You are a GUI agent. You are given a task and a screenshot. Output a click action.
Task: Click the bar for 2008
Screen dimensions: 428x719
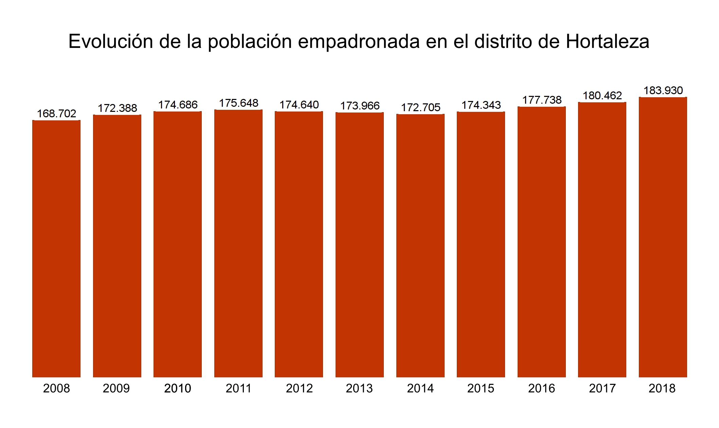tap(56, 249)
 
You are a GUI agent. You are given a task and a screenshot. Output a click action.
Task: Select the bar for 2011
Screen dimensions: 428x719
tap(238, 243)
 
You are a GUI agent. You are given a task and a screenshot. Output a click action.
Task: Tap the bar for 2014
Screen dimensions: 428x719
tap(420, 245)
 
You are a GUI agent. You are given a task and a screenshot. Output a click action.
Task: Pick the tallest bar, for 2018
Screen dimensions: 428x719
tap(663, 237)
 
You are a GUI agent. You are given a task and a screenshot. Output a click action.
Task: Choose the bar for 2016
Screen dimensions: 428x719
tap(541, 242)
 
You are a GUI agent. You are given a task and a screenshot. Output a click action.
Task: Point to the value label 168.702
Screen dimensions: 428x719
tap(56, 114)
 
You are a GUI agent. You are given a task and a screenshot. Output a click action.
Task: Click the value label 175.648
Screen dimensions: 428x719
tap(238, 103)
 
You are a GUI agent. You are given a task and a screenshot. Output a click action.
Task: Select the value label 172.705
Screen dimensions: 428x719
tap(420, 107)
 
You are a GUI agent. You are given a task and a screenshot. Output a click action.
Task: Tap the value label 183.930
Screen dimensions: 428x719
tap(663, 90)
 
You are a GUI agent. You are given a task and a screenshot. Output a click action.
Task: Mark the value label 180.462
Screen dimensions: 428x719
tap(602, 96)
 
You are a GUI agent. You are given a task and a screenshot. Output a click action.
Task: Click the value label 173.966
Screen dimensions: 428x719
tap(360, 106)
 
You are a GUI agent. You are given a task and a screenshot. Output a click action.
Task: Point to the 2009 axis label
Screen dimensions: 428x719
tap(116, 388)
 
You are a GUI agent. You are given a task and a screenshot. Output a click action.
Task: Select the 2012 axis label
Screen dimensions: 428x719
tap(299, 388)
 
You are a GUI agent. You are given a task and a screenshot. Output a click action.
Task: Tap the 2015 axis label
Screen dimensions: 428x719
tap(481, 388)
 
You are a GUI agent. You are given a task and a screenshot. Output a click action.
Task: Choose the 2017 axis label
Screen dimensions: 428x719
tap(602, 388)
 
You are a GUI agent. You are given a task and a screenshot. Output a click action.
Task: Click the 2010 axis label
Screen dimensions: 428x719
tap(177, 388)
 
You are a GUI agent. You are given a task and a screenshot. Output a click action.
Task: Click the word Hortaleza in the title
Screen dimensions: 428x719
tap(607, 41)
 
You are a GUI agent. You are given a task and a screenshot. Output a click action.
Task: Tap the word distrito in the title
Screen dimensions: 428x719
tap(503, 41)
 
